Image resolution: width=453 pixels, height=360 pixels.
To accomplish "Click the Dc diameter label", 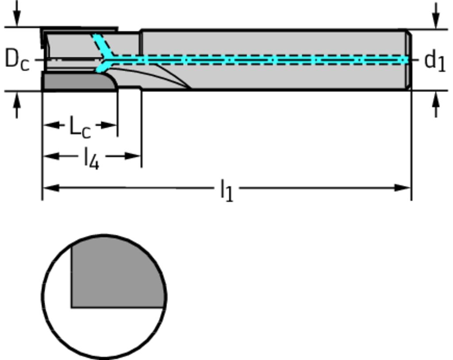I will pos(17,59).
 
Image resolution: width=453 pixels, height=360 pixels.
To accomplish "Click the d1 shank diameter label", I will pos(434,61).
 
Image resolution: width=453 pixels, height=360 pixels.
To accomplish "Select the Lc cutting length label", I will pos(80,127).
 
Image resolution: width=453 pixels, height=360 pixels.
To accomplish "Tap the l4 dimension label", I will pos(92,158).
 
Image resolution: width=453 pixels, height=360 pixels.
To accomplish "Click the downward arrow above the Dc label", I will pos(17,18).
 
